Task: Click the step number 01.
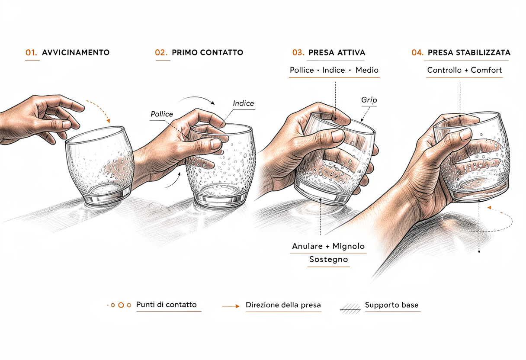31,52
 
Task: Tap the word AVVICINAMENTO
76,52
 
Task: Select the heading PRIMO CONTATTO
207,52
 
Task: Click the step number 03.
298,52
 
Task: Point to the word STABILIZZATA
483,52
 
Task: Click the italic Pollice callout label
161,114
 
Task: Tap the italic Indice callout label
243,103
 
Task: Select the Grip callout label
369,100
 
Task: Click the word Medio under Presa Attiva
367,70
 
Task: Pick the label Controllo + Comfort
465,70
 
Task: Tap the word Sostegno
328,260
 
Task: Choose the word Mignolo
349,246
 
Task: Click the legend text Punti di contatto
166,305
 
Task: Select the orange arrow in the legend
231,306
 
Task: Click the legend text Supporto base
391,305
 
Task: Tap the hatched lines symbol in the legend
350,309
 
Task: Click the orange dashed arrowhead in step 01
108,121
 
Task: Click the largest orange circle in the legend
121,305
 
